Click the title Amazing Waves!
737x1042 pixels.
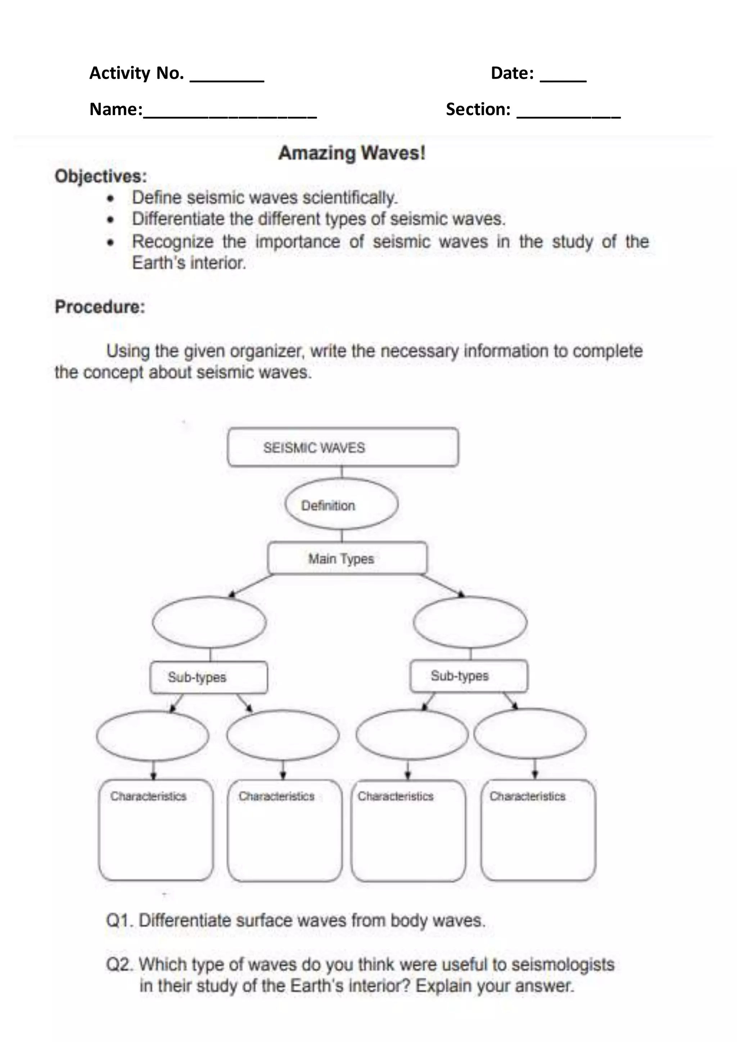pos(352,153)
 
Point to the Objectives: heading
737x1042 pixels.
pos(101,176)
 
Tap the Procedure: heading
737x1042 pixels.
pos(100,307)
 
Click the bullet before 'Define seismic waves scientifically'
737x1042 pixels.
pos(110,199)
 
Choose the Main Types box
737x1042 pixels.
pos(347,558)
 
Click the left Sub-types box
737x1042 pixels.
pos(209,677)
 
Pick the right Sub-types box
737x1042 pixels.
pos(469,676)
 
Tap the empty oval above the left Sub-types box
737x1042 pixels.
pos(209,622)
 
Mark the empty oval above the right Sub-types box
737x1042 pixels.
pos(470,622)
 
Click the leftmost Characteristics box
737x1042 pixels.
pos(156,830)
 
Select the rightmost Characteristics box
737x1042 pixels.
pos(538,830)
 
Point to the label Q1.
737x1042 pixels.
pos(119,921)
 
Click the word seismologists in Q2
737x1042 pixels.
pos(563,964)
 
